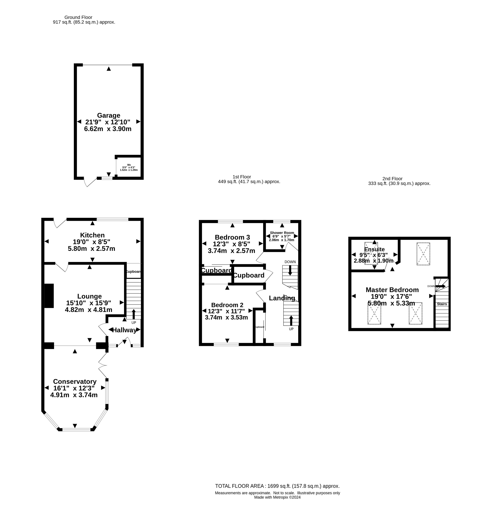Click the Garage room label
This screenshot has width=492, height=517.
(x=109, y=115)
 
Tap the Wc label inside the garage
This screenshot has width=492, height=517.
(x=129, y=165)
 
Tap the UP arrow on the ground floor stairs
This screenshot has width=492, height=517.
(x=134, y=314)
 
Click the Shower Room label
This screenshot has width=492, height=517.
(x=282, y=233)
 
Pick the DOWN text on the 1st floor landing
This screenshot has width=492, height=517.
(x=290, y=262)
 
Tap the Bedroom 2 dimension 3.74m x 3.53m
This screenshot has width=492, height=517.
(x=226, y=318)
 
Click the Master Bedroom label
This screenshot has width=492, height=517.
(x=392, y=290)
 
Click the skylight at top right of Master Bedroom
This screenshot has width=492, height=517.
(x=423, y=254)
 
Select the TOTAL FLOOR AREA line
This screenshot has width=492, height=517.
(x=277, y=486)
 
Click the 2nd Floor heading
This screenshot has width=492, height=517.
(x=392, y=178)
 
